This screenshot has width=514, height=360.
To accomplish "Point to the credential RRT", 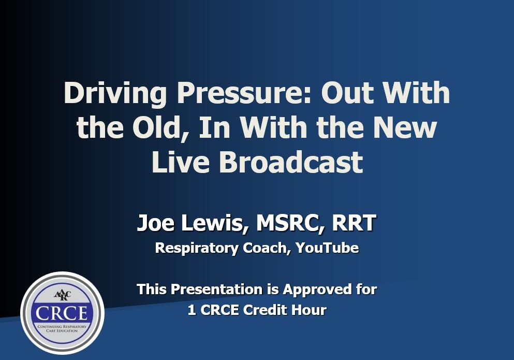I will (354, 223).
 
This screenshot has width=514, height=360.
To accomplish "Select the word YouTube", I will (327, 248).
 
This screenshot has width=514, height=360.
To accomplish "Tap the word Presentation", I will (217, 289).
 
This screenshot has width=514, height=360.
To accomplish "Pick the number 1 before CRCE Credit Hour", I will (192, 310).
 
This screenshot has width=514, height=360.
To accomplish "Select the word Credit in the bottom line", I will (266, 310).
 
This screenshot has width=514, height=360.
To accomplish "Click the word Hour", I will (309, 310).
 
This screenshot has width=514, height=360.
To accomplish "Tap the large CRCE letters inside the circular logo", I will (62, 313).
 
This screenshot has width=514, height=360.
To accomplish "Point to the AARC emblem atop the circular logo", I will (62, 295).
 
